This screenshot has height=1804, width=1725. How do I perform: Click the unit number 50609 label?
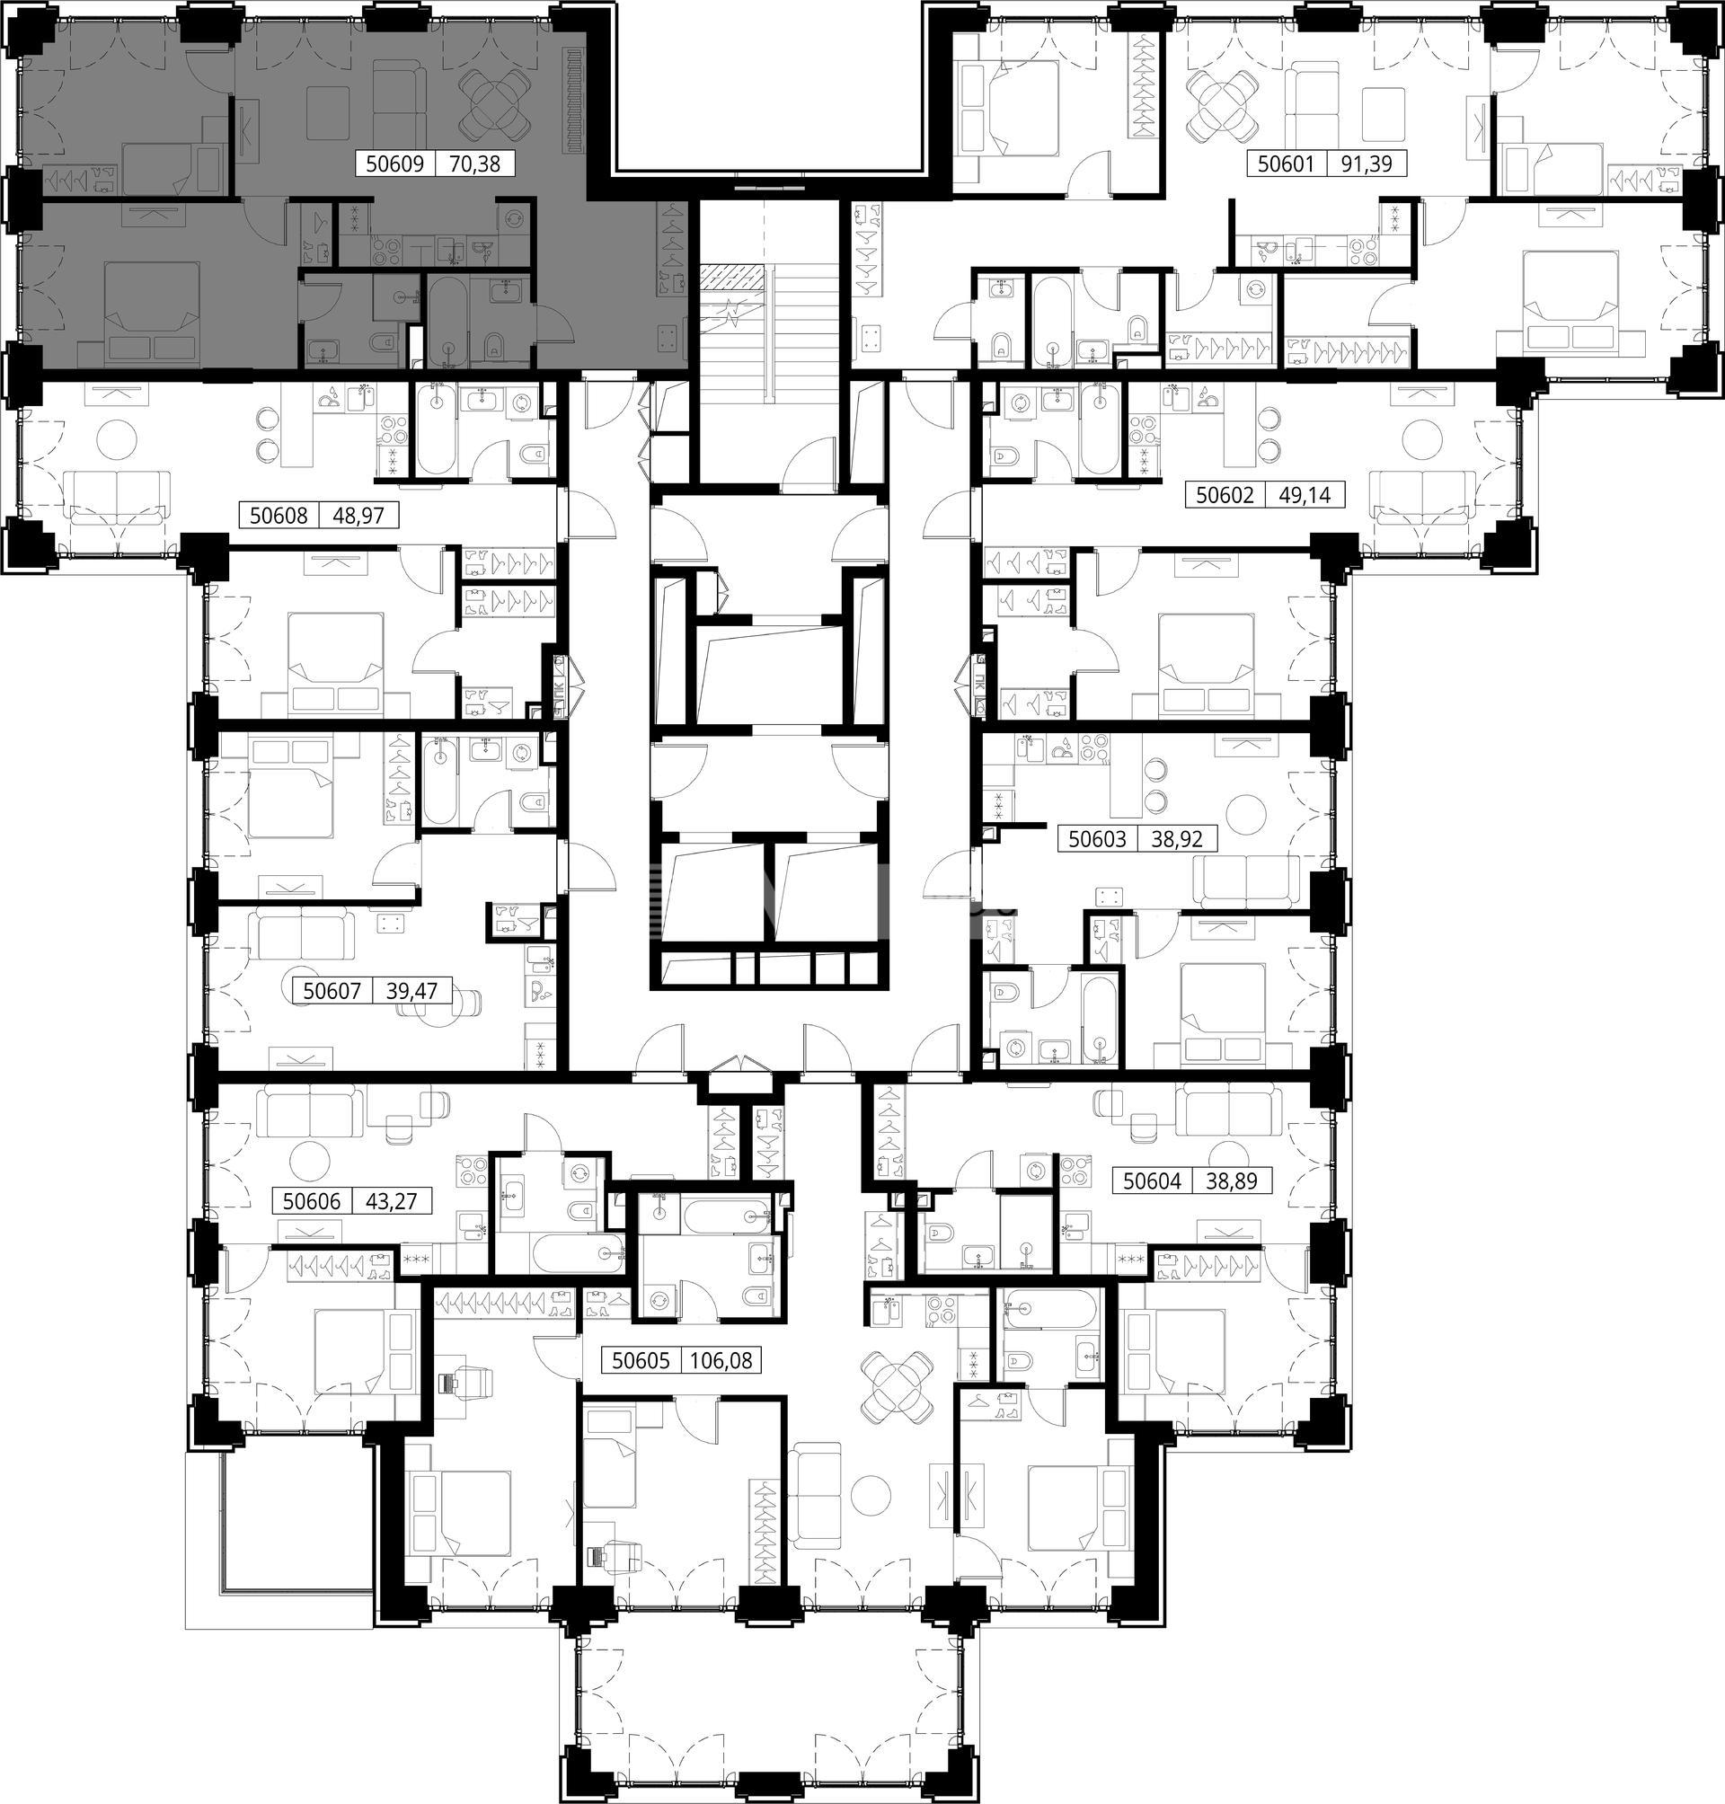pos(394,164)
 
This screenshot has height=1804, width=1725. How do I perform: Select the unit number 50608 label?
pos(279,515)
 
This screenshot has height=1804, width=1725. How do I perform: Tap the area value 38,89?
pos(1230,1181)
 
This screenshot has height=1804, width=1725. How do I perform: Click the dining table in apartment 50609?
pos(494,101)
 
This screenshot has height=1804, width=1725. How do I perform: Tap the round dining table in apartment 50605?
pos(896,1387)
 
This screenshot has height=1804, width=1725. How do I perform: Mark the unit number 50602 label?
pos(1224,496)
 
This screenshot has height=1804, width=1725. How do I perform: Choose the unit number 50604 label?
pos(1152,1181)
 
